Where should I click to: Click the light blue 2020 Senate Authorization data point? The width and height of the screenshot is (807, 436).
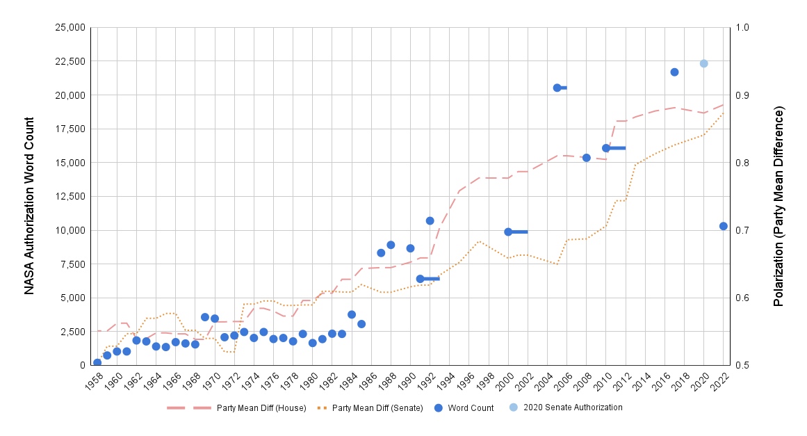click(x=703, y=63)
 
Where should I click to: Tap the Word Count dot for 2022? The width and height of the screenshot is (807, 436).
click(x=723, y=226)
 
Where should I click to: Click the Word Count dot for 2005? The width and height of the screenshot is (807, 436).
click(x=557, y=88)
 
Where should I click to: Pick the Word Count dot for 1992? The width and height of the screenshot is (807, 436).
click(x=430, y=220)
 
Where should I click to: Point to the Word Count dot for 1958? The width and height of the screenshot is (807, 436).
click(x=97, y=362)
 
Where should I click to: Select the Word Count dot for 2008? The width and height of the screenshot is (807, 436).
click(x=586, y=158)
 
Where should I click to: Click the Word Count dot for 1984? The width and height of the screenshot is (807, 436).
click(x=352, y=314)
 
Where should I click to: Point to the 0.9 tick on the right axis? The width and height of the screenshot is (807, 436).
click(x=744, y=95)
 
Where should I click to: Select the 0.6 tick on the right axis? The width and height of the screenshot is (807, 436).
click(x=744, y=298)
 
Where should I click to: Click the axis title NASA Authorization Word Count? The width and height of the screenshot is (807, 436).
click(x=30, y=195)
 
